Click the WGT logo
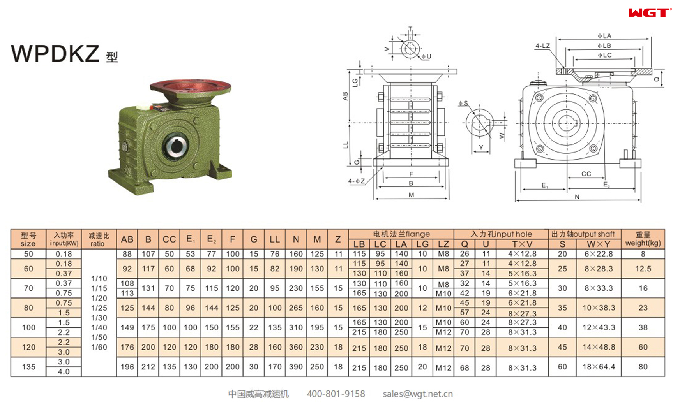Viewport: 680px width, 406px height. coord(650,13)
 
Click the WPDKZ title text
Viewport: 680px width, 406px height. coord(55,54)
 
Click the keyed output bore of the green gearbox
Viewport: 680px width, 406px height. coord(176,147)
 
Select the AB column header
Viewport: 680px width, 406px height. coord(127,239)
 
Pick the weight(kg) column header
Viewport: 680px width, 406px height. coord(643,239)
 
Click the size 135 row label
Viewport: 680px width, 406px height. coord(28,367)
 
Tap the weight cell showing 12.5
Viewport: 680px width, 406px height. coord(643,269)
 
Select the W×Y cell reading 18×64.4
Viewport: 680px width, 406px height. coord(598,367)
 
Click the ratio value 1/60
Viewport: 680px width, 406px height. coord(99,347)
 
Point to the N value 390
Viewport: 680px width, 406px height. coord(296,367)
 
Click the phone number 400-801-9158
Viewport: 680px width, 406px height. coord(336,394)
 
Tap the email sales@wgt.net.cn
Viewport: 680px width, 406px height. coord(417,394)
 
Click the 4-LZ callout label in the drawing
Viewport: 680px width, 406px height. coord(542,46)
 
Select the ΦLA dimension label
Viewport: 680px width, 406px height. coord(604,36)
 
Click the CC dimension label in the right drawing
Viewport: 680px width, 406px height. coord(586,174)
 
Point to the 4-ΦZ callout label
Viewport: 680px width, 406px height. coord(356,181)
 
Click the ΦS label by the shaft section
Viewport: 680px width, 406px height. coord(463,103)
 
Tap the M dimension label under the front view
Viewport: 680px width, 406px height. coord(411,195)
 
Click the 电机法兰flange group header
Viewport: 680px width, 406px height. coord(401,234)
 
